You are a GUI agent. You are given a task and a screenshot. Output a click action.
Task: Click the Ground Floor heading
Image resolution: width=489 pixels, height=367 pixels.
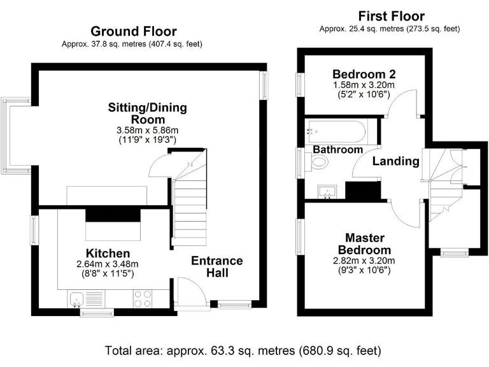click(134, 31)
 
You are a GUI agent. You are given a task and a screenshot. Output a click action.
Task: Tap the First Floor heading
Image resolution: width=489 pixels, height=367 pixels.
click(392, 16)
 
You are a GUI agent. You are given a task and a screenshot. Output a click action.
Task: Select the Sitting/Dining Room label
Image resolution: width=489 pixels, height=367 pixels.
click(148, 113)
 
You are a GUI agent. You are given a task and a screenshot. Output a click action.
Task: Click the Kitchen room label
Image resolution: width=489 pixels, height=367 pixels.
click(108, 253)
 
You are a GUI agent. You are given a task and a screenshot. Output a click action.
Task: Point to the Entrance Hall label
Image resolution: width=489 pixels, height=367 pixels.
click(217, 266)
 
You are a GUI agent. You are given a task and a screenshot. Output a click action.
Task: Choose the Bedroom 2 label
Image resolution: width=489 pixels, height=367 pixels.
click(364, 75)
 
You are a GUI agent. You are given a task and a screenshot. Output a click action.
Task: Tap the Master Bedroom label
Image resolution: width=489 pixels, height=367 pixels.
click(365, 244)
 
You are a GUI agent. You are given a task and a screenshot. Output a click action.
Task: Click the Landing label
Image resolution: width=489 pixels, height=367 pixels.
click(396, 161)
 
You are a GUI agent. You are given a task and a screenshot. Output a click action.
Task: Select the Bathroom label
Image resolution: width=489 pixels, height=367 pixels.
click(337, 150)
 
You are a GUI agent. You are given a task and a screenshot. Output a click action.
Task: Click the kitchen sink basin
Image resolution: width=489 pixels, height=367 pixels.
click(76, 299)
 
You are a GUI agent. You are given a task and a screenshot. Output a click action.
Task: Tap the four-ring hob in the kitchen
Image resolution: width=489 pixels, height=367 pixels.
click(143, 299)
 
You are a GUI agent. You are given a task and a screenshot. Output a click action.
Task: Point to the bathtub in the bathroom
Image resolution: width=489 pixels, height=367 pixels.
click(336, 131)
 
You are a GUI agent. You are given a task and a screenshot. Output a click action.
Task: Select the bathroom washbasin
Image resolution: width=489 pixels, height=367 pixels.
click(327, 192)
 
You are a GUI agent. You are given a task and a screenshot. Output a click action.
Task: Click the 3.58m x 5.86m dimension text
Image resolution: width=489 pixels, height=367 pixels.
click(148, 130)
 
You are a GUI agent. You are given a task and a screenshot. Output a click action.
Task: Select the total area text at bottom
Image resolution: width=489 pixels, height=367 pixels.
click(243, 350)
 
